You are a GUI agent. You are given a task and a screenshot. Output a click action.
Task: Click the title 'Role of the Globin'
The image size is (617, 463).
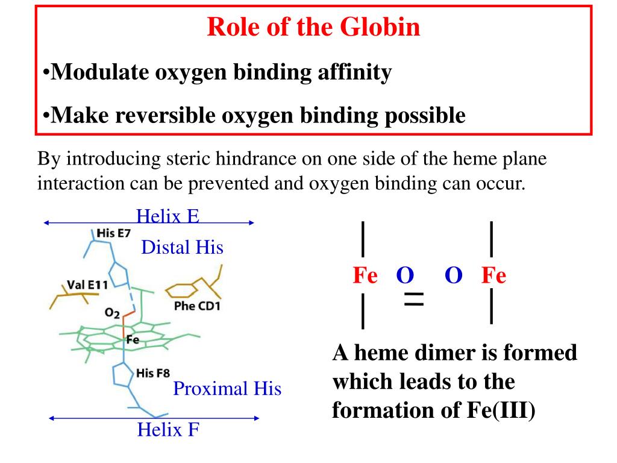[313, 28]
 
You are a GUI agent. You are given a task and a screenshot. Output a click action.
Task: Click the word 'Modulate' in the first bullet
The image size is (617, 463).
[91, 73]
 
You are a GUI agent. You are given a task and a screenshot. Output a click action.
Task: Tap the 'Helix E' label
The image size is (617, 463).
[168, 215]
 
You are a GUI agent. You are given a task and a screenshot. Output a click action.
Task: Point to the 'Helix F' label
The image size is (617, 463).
[168, 430]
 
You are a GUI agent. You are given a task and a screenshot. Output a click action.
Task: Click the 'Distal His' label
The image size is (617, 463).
[182, 247]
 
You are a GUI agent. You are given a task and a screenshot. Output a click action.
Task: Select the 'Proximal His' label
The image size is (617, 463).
[227, 389]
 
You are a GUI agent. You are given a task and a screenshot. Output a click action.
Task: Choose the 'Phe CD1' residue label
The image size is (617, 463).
[197, 306]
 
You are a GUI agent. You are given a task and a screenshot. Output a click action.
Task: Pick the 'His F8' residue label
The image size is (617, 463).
[153, 373]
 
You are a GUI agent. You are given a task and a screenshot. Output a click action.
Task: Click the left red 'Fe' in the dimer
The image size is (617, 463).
[365, 276]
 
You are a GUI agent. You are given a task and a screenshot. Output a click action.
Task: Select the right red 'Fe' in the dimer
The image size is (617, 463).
[493, 276]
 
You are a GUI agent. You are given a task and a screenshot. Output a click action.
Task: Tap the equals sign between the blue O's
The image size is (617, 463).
[414, 299]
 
